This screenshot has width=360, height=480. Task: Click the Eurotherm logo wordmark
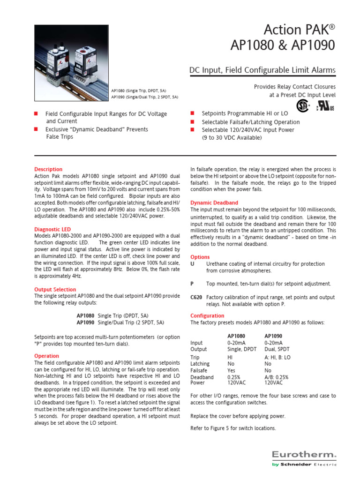pos(304,454)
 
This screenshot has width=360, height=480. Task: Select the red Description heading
pos(48,169)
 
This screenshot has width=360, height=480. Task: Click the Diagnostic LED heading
pos(52,229)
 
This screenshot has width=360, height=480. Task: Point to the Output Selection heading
pos(55,290)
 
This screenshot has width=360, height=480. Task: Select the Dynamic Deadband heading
pos(214,202)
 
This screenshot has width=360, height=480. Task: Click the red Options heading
pos(200,257)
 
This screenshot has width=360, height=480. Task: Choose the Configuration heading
pos(207,315)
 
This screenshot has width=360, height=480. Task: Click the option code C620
pos(196,298)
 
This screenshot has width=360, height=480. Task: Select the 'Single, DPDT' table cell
pos(242,349)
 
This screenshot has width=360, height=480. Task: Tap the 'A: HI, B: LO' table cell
pos(277,357)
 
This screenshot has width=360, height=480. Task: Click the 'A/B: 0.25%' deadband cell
pos(277,377)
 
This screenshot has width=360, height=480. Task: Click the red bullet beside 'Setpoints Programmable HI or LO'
pos(192,114)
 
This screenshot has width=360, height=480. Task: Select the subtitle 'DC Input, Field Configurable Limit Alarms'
pos(262,70)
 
